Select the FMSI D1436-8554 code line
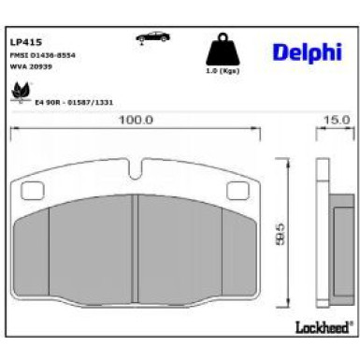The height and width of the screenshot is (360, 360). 42,55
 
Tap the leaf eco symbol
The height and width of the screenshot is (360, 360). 19,92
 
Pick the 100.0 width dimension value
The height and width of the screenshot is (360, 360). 136,120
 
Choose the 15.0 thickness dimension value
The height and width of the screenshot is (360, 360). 335,120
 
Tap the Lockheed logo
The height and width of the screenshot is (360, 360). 322,326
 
